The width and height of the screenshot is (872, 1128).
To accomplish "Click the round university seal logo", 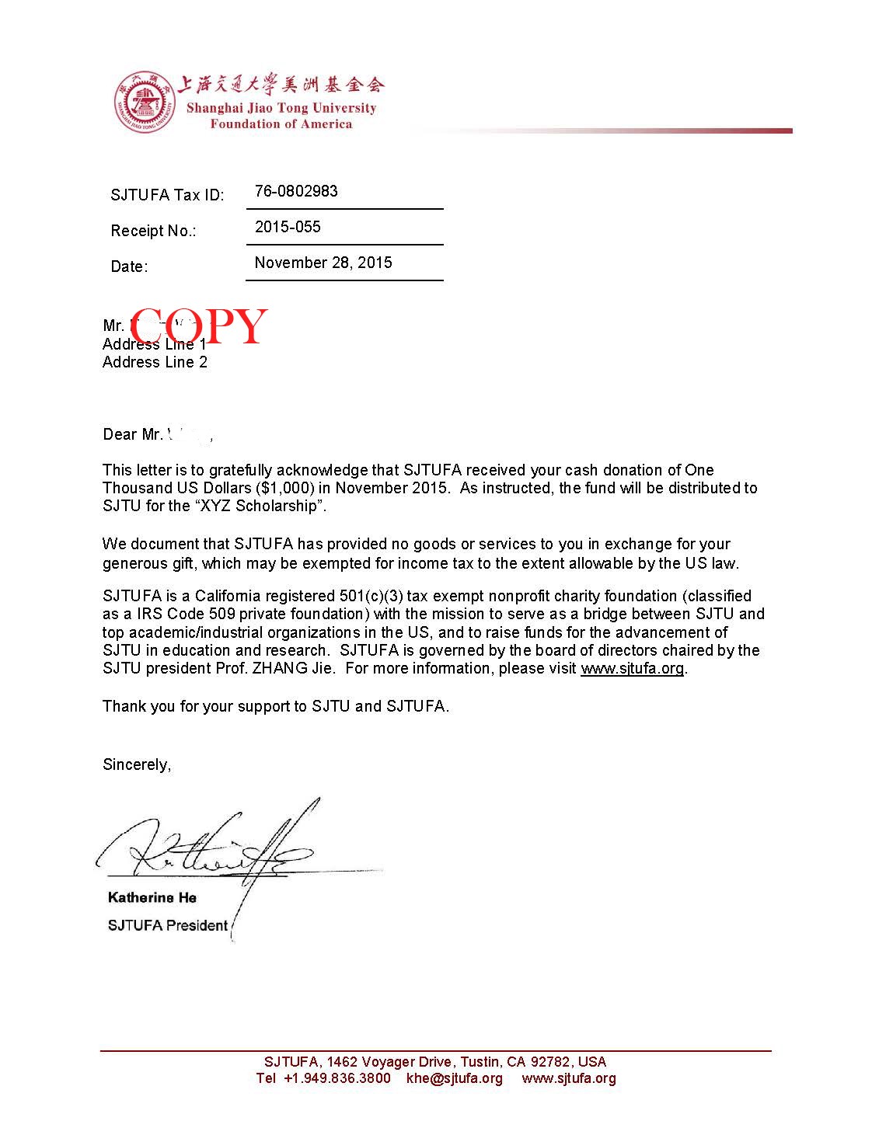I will (x=143, y=102).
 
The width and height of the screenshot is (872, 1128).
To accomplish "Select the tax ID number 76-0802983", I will (x=296, y=191).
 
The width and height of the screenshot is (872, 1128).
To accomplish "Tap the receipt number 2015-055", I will (x=288, y=227).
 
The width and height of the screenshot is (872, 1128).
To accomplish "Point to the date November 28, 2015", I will (x=323, y=263).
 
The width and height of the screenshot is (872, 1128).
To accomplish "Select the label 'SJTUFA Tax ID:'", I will (x=167, y=195).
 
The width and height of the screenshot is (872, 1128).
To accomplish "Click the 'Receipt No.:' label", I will (x=154, y=231).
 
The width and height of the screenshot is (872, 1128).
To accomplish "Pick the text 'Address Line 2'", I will (x=155, y=362).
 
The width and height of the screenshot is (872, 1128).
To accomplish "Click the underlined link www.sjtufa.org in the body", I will (x=632, y=668).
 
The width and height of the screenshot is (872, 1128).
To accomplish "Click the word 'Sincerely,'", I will (x=137, y=764).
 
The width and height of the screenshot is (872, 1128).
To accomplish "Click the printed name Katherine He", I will (x=152, y=897).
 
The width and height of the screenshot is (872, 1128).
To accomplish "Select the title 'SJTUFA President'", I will (x=168, y=925).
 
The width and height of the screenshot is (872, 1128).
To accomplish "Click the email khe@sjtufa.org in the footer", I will (x=455, y=1078).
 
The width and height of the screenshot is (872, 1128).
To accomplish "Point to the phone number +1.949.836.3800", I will (x=337, y=1078).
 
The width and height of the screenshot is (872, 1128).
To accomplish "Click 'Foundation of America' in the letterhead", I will (x=281, y=124).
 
